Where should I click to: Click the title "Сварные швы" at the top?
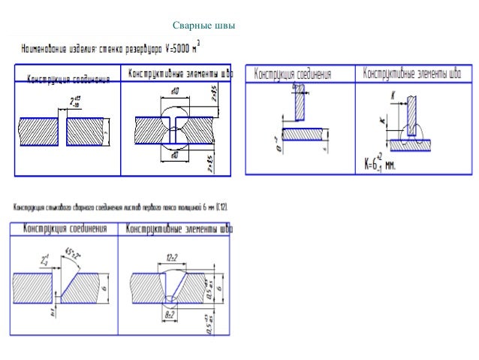(x=204, y=26)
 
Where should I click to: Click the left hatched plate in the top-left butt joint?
(x=38, y=132)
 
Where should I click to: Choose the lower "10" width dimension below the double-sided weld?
(x=174, y=156)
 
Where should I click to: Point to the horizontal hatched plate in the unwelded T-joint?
(x=297, y=134)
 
